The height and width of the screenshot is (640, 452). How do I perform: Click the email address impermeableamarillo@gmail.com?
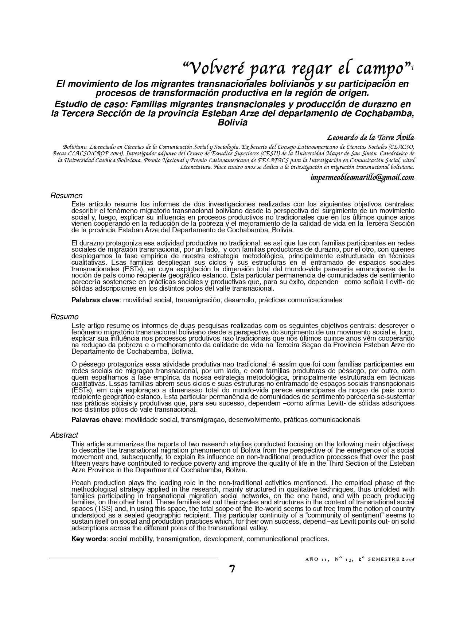click(x=362, y=177)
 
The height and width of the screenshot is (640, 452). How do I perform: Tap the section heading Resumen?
click(x=66, y=196)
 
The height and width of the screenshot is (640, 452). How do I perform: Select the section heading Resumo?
click(x=65, y=317)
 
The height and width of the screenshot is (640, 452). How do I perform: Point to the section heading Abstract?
click(x=64, y=435)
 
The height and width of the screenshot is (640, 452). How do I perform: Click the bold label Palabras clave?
click(x=95, y=300)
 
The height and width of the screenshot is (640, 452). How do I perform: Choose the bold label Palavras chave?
click(x=96, y=419)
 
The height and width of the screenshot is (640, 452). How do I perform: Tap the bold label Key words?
click(x=89, y=539)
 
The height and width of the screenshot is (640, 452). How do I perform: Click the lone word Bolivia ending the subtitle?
click(x=232, y=123)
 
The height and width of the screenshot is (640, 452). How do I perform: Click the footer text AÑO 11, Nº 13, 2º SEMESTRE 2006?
click(x=360, y=559)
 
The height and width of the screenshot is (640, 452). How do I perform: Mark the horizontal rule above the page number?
click(x=133, y=558)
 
